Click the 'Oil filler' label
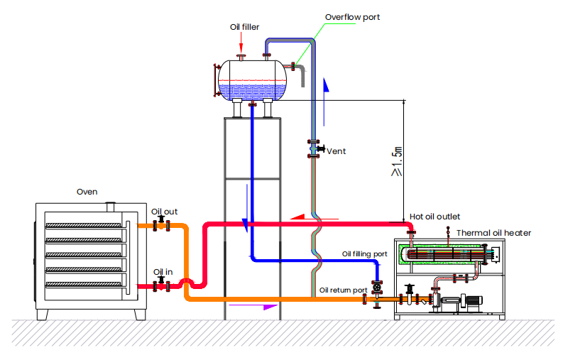pyautogui.click(x=244, y=27)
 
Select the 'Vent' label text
pyautogui.click(x=336, y=151)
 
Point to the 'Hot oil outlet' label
pyautogui.click(x=435, y=217)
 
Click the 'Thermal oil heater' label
pyautogui.click(x=493, y=232)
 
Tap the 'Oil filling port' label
pyautogui.click(x=365, y=253)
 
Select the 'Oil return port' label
pyautogui.click(x=343, y=290)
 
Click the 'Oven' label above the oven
pyautogui.click(x=87, y=192)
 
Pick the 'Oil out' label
pyautogui.click(x=164, y=212)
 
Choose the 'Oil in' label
pyautogui.click(x=162, y=272)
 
